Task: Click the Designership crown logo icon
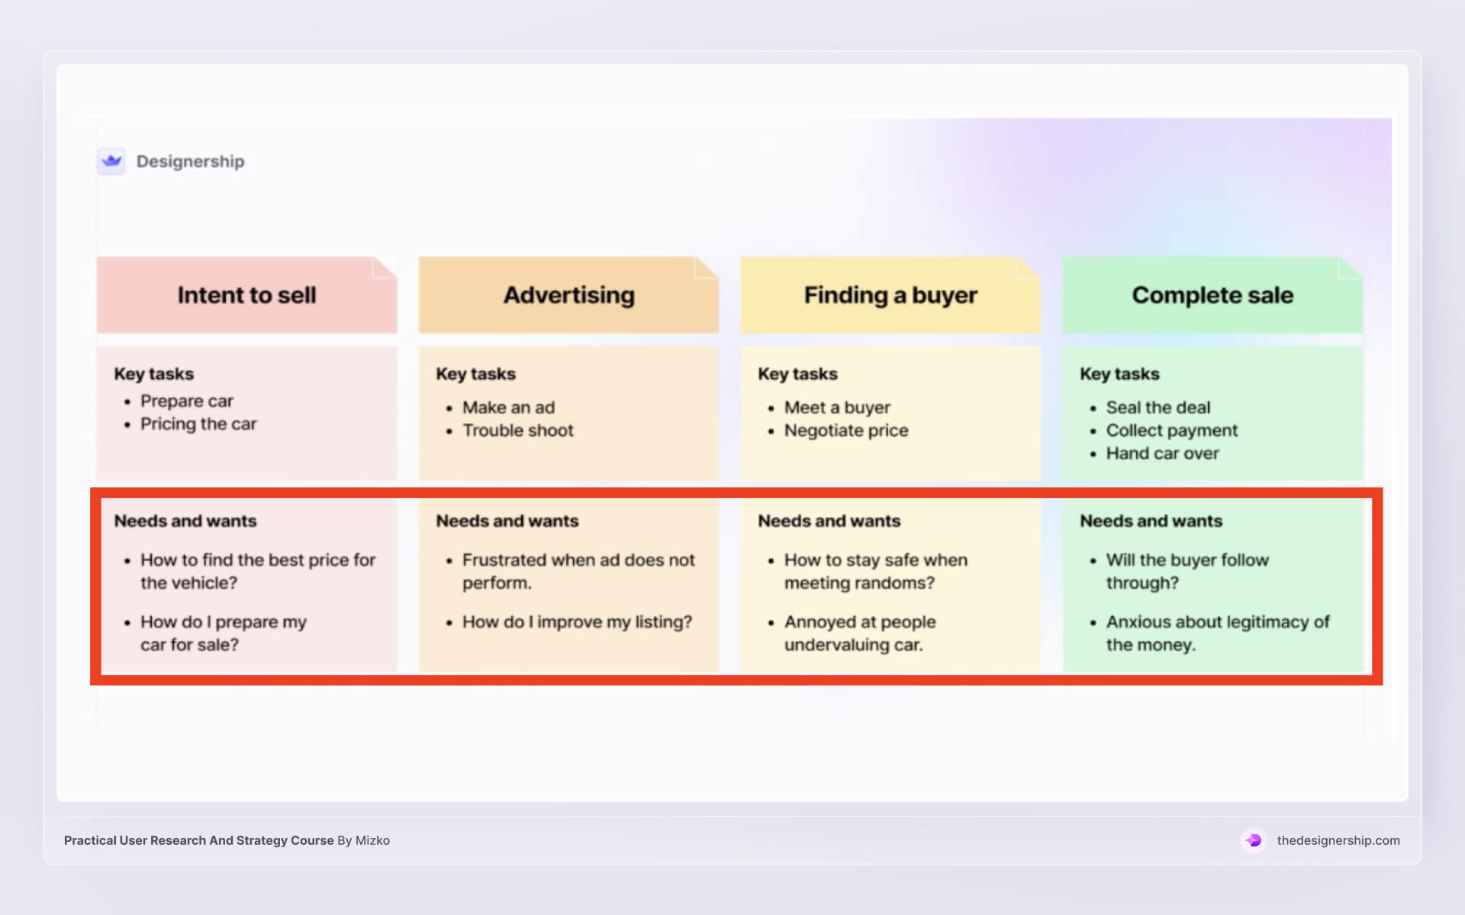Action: [x=111, y=161]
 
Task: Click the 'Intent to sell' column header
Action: [x=246, y=295]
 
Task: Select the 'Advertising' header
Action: [x=568, y=295]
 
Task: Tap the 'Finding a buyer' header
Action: [x=890, y=295]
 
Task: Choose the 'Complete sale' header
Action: [x=1212, y=295]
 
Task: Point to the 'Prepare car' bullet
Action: [x=186, y=401]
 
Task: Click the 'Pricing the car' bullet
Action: [x=198, y=424]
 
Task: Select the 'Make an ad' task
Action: [x=508, y=407]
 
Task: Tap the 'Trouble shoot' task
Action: [x=517, y=430]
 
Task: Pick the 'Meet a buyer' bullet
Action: [x=837, y=407]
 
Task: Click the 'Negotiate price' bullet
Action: [x=846, y=430]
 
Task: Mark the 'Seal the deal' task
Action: [x=1158, y=407]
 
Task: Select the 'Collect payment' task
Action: [x=1172, y=430]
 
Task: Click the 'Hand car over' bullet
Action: [x=1162, y=453]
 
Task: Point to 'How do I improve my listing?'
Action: [x=577, y=621]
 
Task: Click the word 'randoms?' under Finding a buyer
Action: [x=898, y=583]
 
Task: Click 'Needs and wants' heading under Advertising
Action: [x=507, y=521]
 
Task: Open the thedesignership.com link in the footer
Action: [x=1338, y=840]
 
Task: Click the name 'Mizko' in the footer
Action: [x=372, y=840]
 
